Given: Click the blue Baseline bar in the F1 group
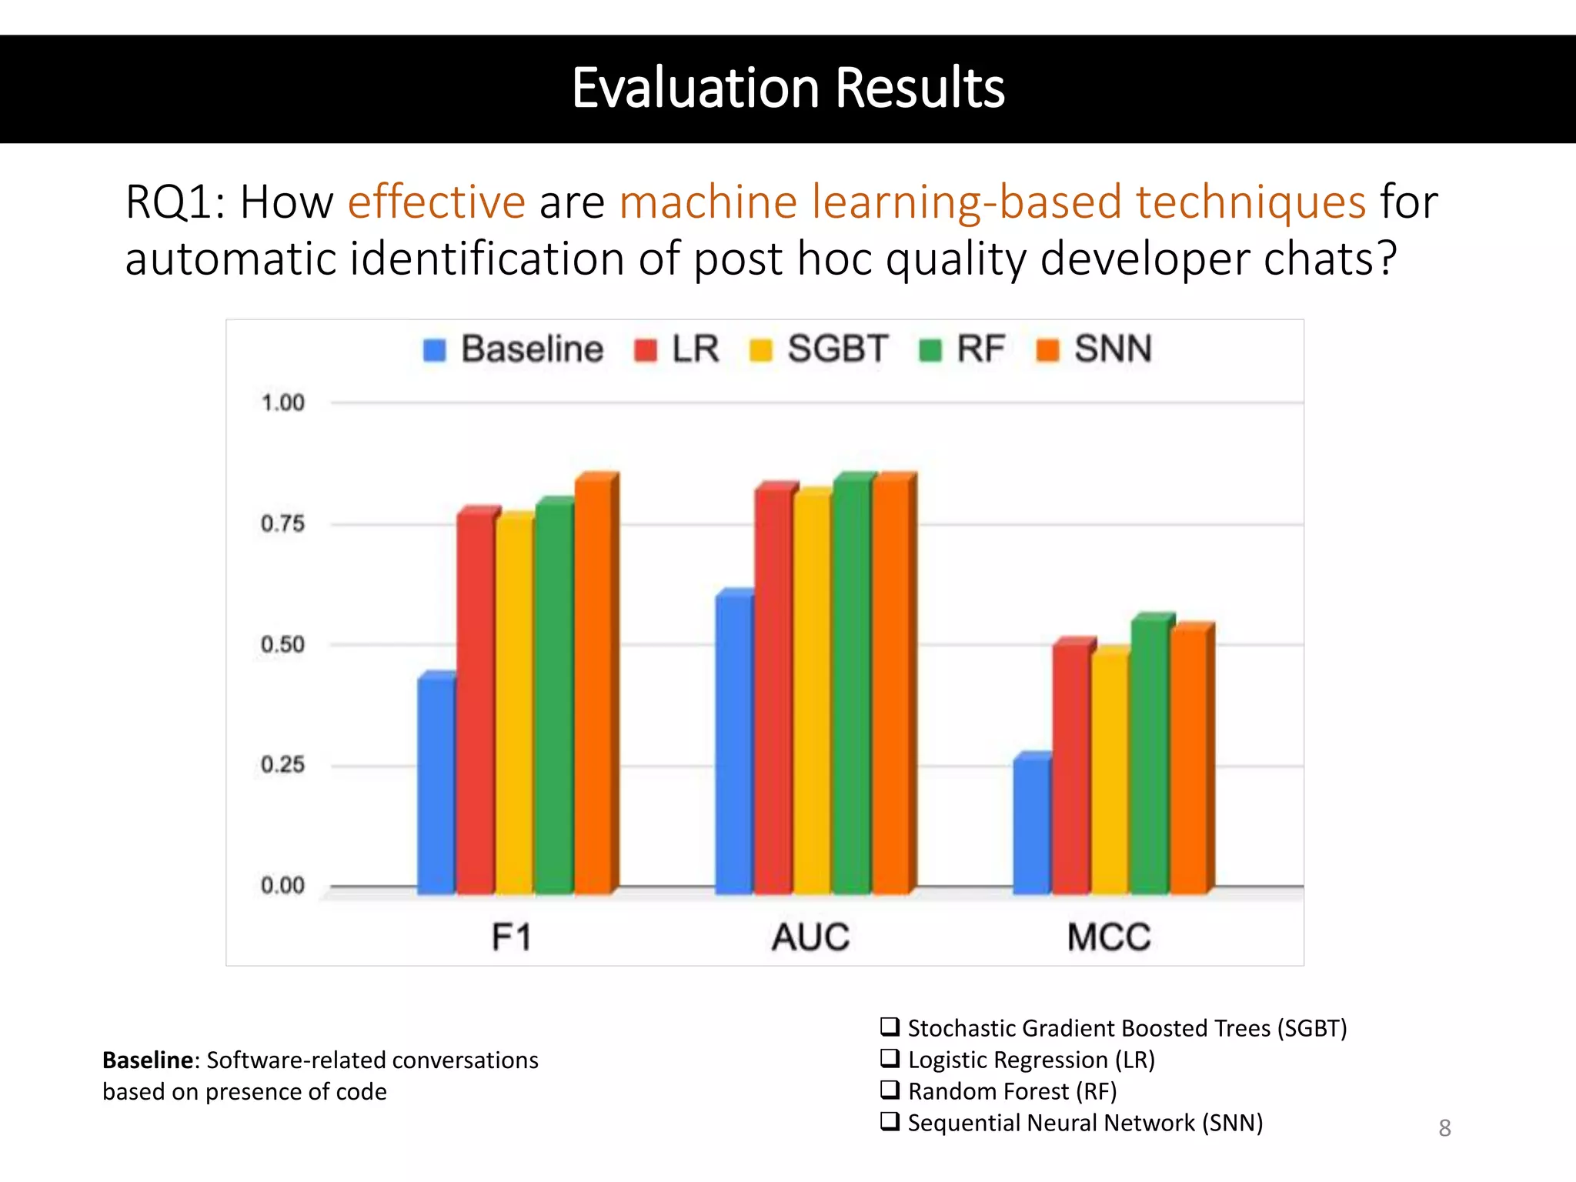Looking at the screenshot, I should [x=436, y=785].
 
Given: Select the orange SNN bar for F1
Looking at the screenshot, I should [x=593, y=685].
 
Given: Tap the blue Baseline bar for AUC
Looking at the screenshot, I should [x=734, y=743].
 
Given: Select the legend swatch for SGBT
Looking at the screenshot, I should [x=760, y=351].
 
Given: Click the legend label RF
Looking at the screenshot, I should [x=980, y=349].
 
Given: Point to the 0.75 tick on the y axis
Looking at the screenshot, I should [x=283, y=524].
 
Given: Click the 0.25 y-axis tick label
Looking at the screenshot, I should [x=283, y=765].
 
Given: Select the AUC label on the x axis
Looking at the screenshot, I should [x=810, y=937].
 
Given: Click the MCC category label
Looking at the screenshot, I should [x=1109, y=937].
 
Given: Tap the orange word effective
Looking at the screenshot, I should [x=436, y=202].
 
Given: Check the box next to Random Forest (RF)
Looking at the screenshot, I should [x=890, y=1090].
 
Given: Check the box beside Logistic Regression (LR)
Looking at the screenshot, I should [x=890, y=1058].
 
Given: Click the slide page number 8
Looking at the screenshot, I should [x=1444, y=1128].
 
